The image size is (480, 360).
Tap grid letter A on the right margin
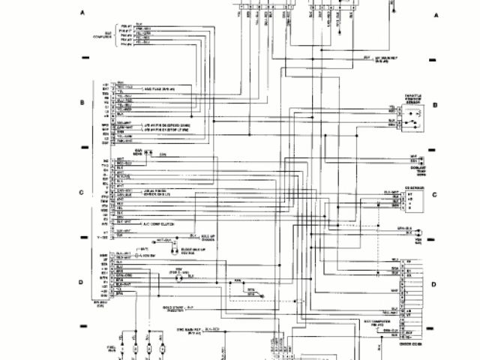pyautogui.click(x=435, y=14)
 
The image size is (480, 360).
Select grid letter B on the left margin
pyautogui.click(x=82, y=100)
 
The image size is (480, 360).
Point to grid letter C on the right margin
pyautogui.click(x=433, y=194)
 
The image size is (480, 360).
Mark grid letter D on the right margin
pyautogui.click(x=433, y=284)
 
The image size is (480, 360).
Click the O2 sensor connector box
pyautogui.click(x=406, y=199)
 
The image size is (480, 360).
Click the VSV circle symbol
pyautogui.click(x=178, y=277)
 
